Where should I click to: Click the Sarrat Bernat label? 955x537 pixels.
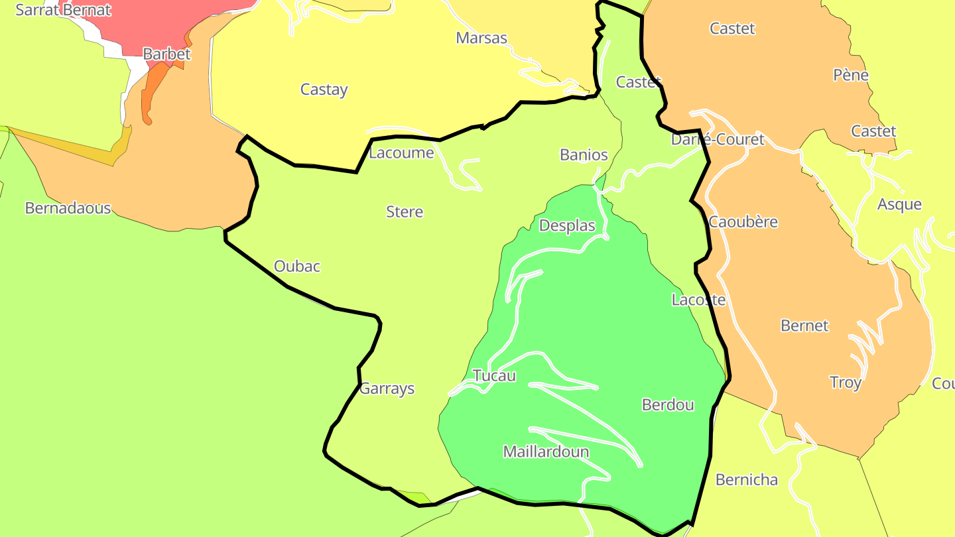(63, 10)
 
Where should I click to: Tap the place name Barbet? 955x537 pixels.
(166, 54)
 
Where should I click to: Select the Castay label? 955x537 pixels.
(324, 89)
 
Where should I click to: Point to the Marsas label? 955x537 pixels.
(481, 38)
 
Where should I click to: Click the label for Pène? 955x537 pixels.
(851, 75)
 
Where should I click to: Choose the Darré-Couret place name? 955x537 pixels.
(718, 140)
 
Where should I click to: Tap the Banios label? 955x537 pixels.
(584, 155)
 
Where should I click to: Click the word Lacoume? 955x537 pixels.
(401, 153)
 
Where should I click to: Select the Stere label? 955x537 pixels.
(405, 212)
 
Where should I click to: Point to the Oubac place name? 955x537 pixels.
(297, 267)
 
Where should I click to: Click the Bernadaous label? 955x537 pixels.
(68, 208)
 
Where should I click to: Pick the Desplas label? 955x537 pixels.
(567, 225)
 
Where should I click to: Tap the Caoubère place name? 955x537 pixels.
(743, 222)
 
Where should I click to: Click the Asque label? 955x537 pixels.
(899, 204)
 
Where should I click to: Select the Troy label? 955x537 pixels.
(846, 383)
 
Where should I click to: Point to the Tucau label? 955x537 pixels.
(494, 376)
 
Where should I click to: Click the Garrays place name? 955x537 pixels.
(387, 389)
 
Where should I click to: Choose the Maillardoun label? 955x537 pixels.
(546, 452)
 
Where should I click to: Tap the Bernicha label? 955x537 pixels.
(746, 480)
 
